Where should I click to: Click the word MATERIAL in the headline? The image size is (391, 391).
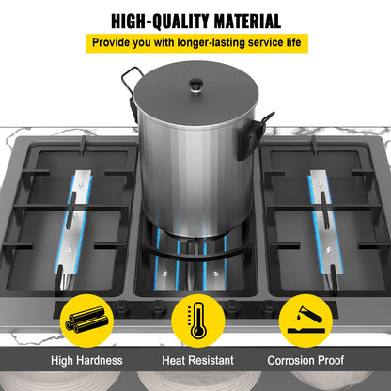[x=247, y=22]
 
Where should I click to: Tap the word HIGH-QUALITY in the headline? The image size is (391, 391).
[x=160, y=22]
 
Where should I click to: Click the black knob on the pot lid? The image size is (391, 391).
[x=196, y=85]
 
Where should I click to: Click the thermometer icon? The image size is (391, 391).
[x=198, y=321]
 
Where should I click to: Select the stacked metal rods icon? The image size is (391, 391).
[x=86, y=321]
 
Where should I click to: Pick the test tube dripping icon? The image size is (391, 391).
[x=305, y=321]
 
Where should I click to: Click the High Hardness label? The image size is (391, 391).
[x=86, y=360]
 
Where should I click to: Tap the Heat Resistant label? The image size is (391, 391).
[x=197, y=360]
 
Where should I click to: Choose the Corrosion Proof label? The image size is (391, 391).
[x=305, y=360]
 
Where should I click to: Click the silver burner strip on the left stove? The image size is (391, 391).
[x=75, y=226]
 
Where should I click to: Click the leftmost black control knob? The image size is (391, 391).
[x=121, y=307]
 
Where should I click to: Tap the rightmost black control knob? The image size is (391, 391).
[x=269, y=307]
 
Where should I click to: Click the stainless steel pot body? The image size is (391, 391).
[x=195, y=176]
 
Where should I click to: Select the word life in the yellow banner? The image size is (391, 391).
[x=293, y=42]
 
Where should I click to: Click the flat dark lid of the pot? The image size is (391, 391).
[x=196, y=92]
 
